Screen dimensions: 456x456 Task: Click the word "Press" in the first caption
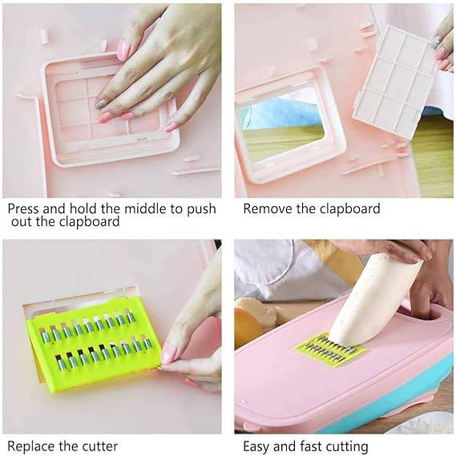point(23,209)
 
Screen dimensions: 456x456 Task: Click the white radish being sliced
point(375,300)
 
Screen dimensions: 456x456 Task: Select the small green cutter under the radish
point(332,349)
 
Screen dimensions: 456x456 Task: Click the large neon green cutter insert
point(94,345)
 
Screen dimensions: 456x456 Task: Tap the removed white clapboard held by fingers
point(397,82)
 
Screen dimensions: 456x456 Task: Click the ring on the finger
point(436,42)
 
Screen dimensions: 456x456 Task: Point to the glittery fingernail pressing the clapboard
point(101,104)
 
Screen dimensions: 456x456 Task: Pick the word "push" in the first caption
point(201,209)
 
